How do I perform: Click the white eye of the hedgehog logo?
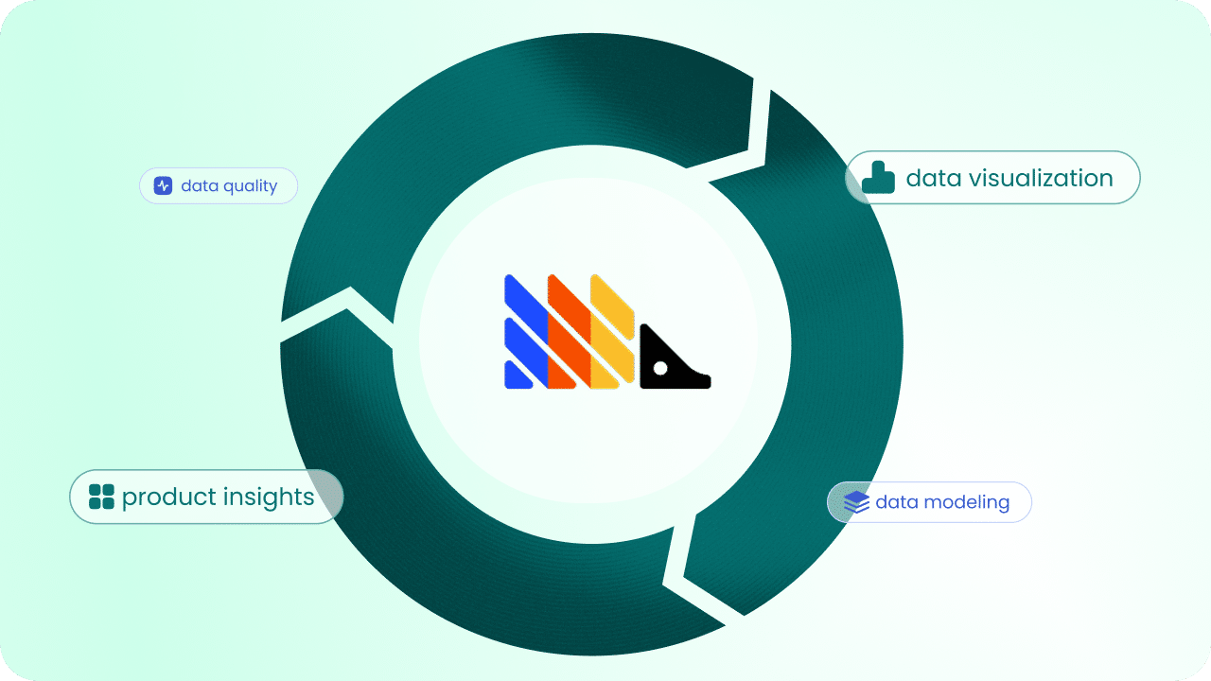[x=660, y=368]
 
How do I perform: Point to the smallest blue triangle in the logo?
[x=517, y=375]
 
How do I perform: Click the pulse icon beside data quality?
[x=163, y=185]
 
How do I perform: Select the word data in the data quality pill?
[x=200, y=185]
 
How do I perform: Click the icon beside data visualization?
[x=878, y=177]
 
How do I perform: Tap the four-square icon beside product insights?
[x=101, y=497]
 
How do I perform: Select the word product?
[x=168, y=498]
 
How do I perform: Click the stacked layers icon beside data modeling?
[x=857, y=502]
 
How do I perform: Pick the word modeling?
[x=967, y=502]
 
